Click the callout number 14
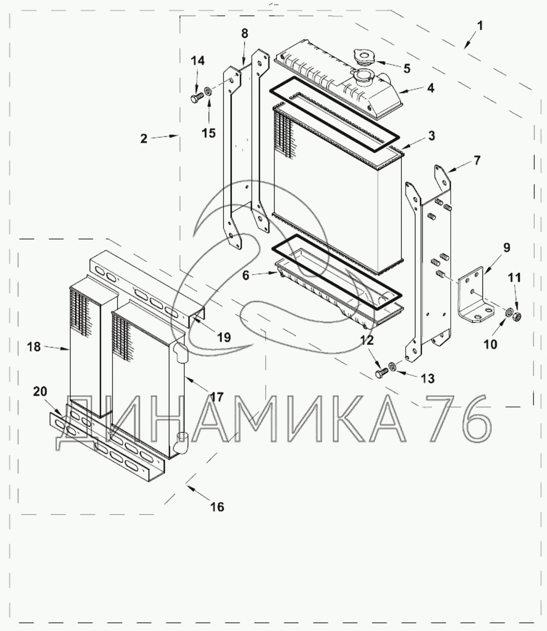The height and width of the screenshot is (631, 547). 197,61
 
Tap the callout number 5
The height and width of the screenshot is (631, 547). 407,68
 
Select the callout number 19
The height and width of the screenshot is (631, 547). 224,337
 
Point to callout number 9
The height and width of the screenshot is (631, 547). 507,247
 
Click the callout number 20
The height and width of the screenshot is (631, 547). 40,391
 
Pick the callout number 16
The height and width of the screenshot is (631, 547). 217,507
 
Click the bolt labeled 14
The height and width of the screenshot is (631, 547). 196,98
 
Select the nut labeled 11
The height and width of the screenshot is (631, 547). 517,316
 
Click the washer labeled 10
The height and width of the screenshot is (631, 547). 508,313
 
